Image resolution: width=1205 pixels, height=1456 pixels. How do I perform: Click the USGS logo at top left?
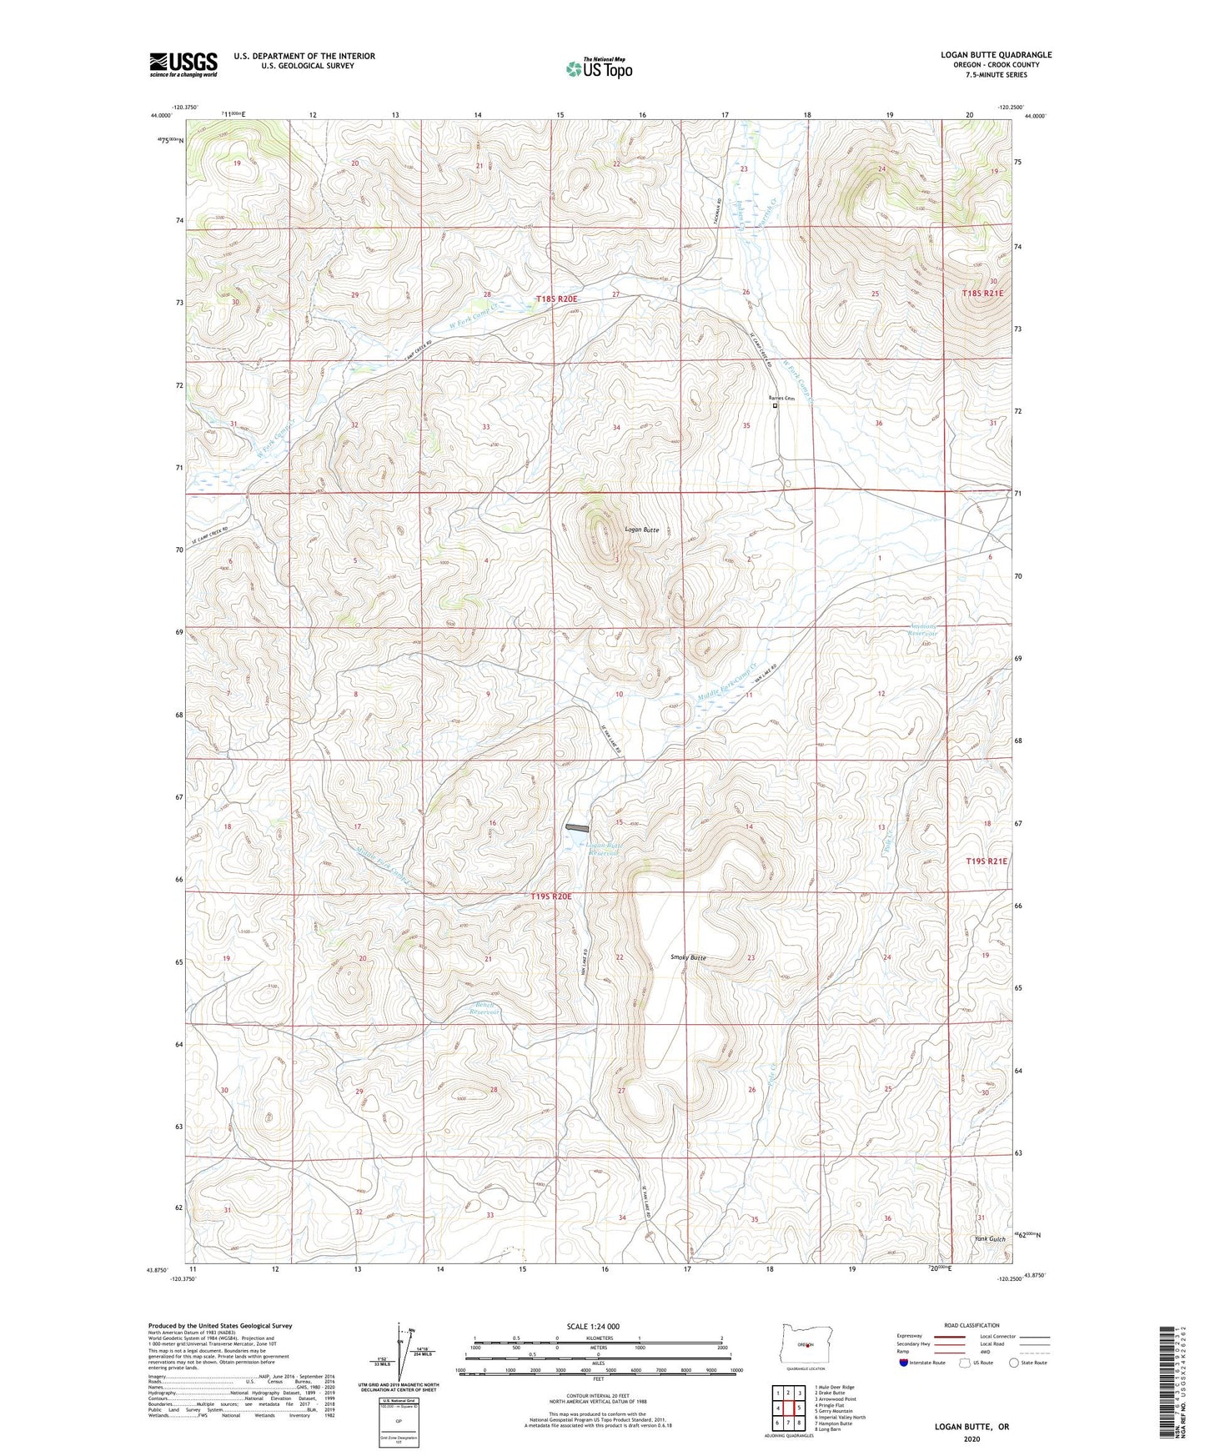pyautogui.click(x=183, y=63)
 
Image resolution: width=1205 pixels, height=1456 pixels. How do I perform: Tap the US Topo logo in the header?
pyautogui.click(x=598, y=68)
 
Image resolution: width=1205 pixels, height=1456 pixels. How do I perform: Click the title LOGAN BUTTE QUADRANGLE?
pyautogui.click(x=996, y=55)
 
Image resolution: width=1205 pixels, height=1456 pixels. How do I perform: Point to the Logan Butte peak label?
pyautogui.click(x=642, y=530)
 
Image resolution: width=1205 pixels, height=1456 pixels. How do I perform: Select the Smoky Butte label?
pyautogui.click(x=688, y=957)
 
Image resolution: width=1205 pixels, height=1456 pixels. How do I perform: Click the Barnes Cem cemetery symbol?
pyautogui.click(x=774, y=407)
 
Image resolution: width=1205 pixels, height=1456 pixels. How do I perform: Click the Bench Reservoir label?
pyautogui.click(x=484, y=1007)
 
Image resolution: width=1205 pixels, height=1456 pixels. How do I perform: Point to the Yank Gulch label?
pyautogui.click(x=990, y=1239)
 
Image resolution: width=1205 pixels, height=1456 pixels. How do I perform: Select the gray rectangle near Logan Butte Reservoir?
pyautogui.click(x=576, y=827)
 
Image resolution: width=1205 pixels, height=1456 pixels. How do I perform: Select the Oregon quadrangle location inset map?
pyautogui.click(x=805, y=1344)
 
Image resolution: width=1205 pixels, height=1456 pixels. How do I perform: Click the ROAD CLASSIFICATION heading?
pyautogui.click(x=972, y=1325)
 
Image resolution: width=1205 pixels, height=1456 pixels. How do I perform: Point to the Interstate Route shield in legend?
pyautogui.click(x=904, y=1363)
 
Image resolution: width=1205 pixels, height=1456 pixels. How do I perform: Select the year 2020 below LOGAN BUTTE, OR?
pyautogui.click(x=972, y=1438)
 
